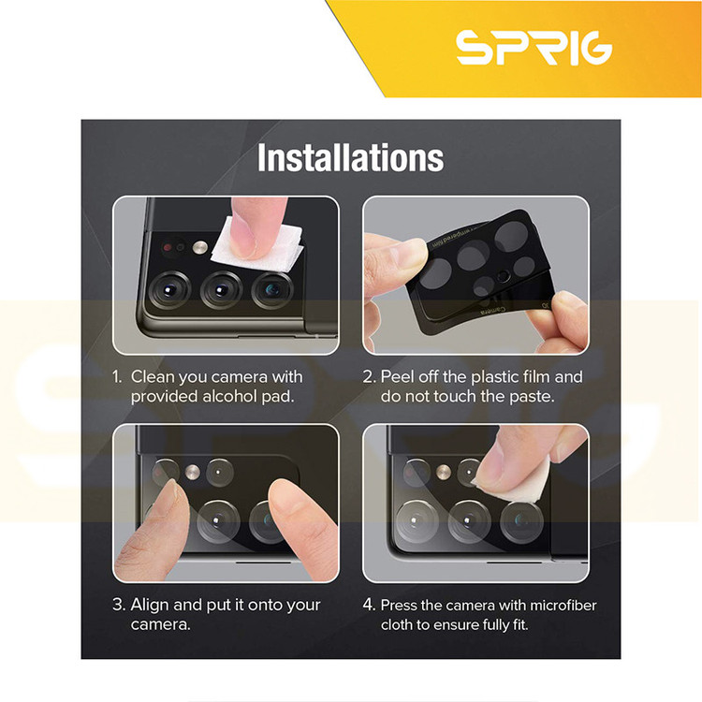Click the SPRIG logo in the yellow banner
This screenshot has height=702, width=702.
pos(534,47)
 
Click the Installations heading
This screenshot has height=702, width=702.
pos(351,157)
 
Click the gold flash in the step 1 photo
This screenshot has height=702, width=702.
pos(200,247)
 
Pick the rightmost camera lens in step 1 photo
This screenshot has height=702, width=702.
pos(271,289)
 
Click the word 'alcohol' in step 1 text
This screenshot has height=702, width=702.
pos(229,397)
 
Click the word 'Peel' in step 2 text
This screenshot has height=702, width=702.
pos(396,377)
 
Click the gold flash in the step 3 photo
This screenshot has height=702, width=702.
pos(193,472)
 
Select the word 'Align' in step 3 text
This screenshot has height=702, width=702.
pos(150,606)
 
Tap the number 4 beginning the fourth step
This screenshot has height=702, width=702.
pos(369,605)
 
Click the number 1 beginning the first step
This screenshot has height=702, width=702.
pos(117,377)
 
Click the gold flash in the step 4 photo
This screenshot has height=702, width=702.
pos(444,472)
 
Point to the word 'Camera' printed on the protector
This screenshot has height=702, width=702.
pos(491,310)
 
